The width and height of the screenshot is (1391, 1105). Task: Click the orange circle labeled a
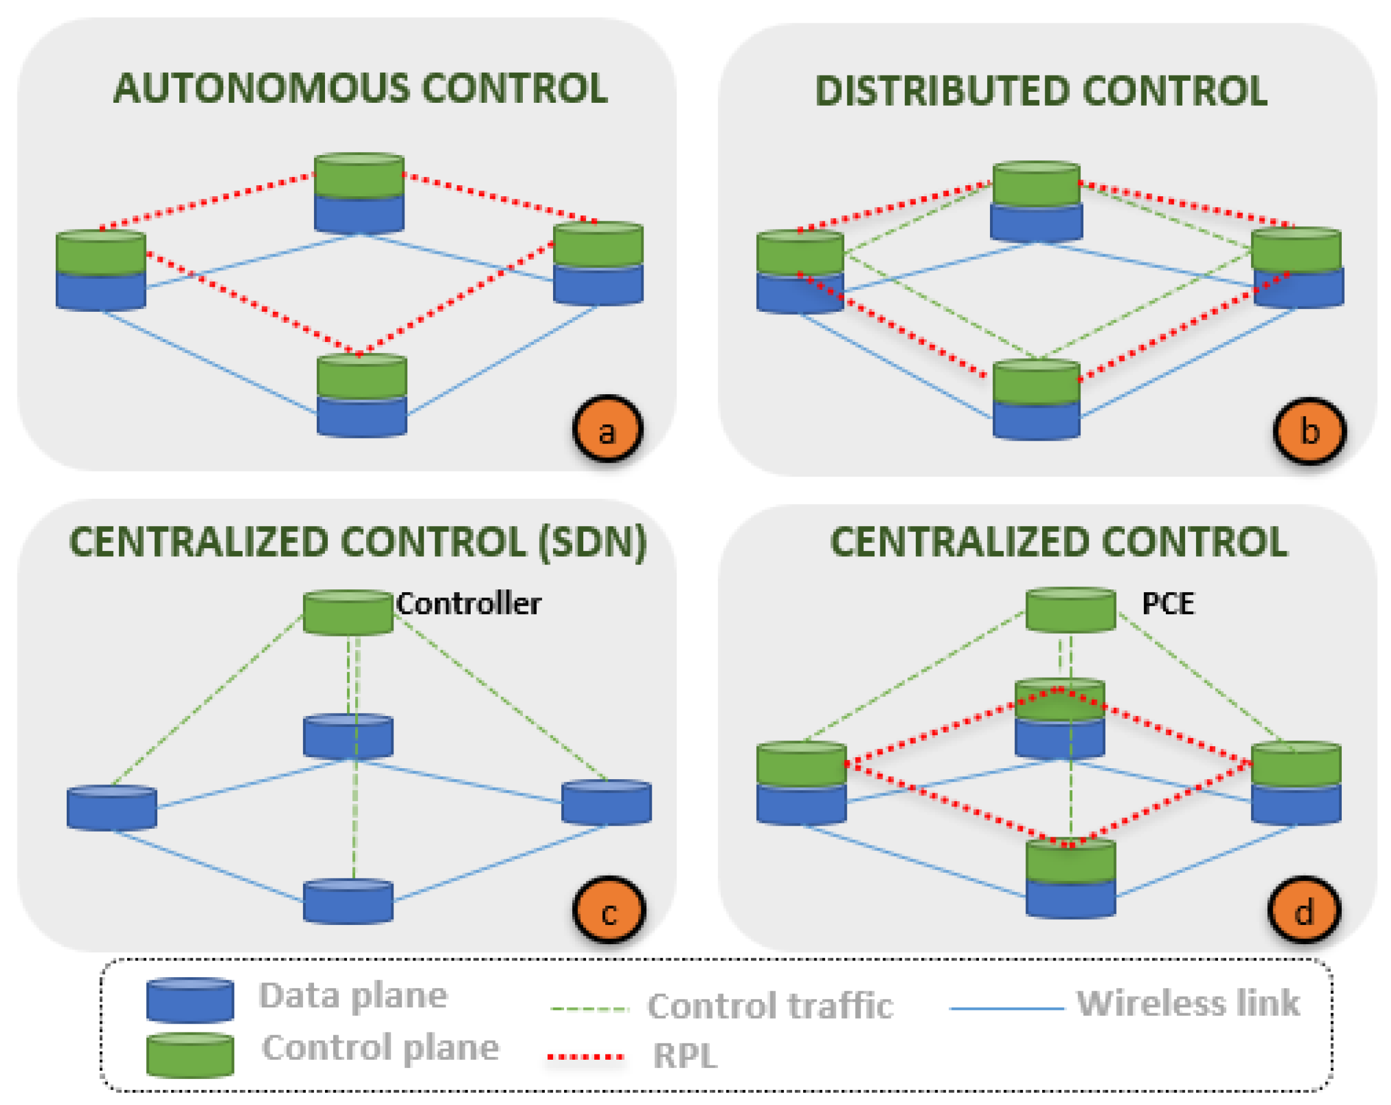click(x=607, y=429)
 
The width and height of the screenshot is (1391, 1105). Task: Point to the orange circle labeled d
click(x=1304, y=910)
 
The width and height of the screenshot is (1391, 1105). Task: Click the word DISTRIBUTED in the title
click(x=942, y=91)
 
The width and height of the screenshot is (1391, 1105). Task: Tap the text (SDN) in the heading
click(x=592, y=542)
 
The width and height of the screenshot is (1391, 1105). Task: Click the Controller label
click(x=468, y=604)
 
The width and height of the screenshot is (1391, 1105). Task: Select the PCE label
click(x=1168, y=604)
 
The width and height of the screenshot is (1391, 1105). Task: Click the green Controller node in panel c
click(x=348, y=612)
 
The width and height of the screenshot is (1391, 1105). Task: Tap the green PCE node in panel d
click(x=1070, y=609)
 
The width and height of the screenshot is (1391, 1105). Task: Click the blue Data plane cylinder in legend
click(x=190, y=1000)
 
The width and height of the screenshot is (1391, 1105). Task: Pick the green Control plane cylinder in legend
click(x=190, y=1054)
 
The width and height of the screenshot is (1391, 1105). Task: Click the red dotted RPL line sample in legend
click(x=585, y=1057)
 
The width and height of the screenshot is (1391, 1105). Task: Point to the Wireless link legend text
click(x=1188, y=1003)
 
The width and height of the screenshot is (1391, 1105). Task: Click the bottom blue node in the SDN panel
click(x=348, y=901)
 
